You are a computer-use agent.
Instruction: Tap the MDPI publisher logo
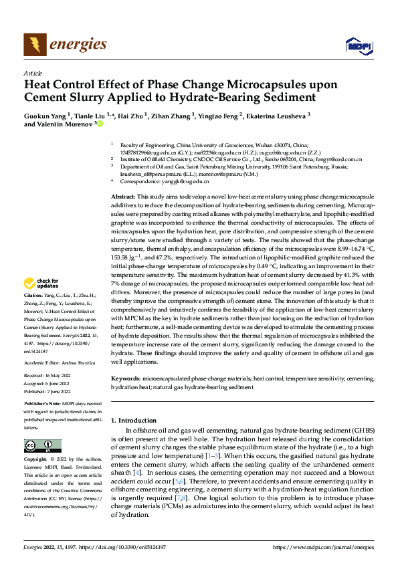(x=357, y=45)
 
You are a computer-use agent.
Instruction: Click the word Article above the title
(x=33, y=73)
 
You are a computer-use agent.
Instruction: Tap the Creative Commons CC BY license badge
(x=42, y=446)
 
